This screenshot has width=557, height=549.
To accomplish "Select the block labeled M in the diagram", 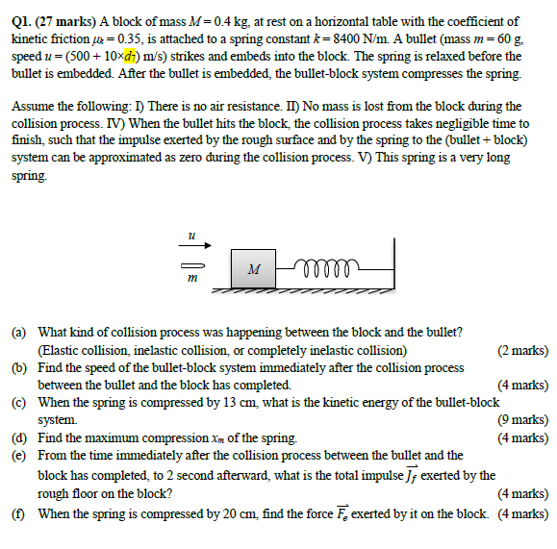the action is click(251, 268).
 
